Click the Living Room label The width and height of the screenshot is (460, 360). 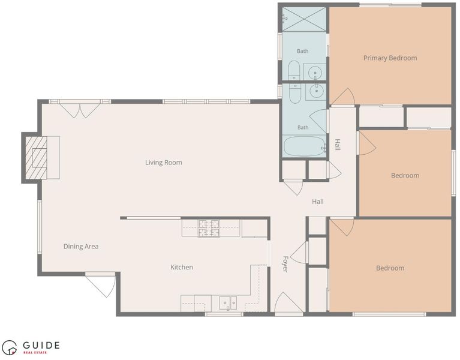pos(163,163)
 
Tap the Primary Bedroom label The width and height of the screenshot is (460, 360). pos(390,58)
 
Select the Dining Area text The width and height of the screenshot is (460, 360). pos(81,247)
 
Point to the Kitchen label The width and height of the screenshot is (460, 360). pos(182,267)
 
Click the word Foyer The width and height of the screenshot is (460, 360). pos(285,264)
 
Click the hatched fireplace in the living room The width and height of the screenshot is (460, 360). pos(36,158)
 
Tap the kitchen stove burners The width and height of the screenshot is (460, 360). pos(209,228)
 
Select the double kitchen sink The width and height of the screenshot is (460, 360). pos(229,303)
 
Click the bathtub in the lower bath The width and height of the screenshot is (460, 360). pos(304,146)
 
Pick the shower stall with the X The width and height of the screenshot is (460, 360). pos(304,19)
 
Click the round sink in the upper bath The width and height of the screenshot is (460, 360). pos(315,72)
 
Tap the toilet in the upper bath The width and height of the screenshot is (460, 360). pos(294,70)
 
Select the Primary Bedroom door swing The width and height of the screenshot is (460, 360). pos(342,97)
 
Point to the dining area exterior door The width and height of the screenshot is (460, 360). pos(101,285)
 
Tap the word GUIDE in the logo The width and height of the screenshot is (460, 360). pos(41,345)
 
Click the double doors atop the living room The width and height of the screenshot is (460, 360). pos(80,109)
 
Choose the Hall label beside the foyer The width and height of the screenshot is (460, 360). pos(318,202)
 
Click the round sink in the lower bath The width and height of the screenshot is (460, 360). pos(316,91)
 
